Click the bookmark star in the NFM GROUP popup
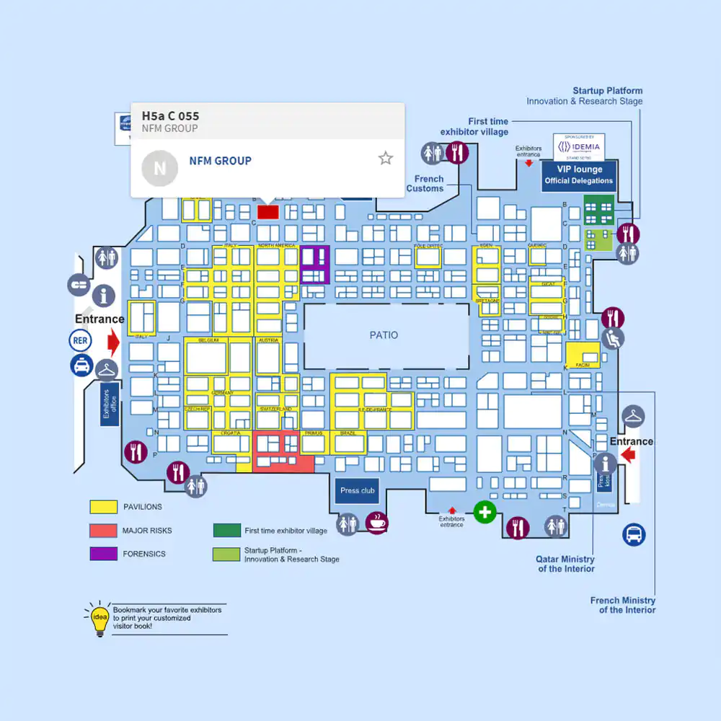tap(386, 159)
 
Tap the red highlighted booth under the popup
tap(268, 211)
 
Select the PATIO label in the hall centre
tap(384, 335)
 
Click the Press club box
tap(358, 490)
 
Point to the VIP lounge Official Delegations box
tap(579, 175)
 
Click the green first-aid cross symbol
tap(485, 513)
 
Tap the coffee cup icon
tap(376, 523)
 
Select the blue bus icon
tap(634, 534)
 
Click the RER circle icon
tap(81, 340)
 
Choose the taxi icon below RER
tap(81, 366)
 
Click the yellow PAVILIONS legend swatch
tap(103, 507)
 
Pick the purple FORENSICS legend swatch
tap(103, 554)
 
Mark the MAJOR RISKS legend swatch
tap(103, 531)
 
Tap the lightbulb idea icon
tap(97, 619)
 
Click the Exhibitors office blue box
tap(108, 404)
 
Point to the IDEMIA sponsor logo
tap(579, 146)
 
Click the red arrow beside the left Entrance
tap(112, 340)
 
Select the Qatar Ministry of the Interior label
tap(565, 564)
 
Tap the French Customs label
tap(425, 184)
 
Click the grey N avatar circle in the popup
tap(159, 168)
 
